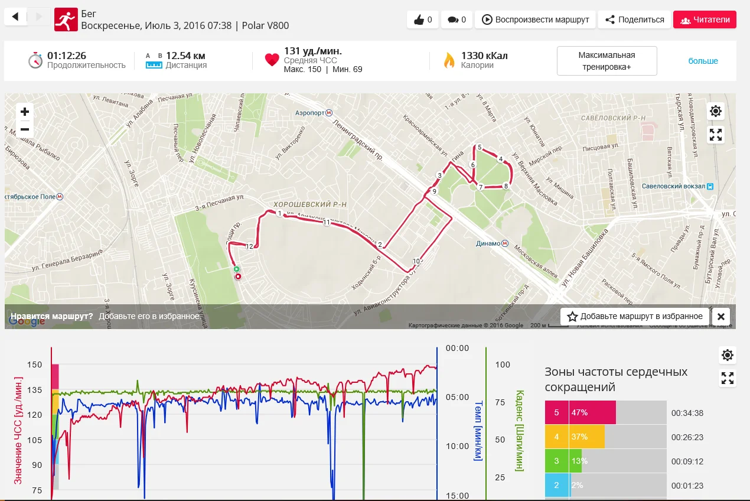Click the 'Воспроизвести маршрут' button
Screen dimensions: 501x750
(x=536, y=19)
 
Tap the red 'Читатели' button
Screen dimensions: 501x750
(x=705, y=19)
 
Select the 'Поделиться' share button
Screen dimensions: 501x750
(x=634, y=19)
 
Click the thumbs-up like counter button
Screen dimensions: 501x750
(x=423, y=19)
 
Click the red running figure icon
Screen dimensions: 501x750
(x=66, y=19)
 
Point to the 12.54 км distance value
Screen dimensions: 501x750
(x=185, y=56)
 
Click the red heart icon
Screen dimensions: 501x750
(x=272, y=60)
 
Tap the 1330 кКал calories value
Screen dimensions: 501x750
(x=484, y=56)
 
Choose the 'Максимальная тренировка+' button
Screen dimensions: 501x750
(x=606, y=61)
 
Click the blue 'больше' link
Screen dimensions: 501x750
(x=703, y=61)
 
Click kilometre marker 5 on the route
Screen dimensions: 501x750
(x=480, y=147)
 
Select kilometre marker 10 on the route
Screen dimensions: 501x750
(x=416, y=261)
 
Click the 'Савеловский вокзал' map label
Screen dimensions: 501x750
(x=674, y=186)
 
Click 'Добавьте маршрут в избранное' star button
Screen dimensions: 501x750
(x=635, y=316)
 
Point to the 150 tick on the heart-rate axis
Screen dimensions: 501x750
(x=34, y=365)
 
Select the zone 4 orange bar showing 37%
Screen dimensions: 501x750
(x=587, y=437)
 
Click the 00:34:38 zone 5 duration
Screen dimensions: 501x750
(x=686, y=413)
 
